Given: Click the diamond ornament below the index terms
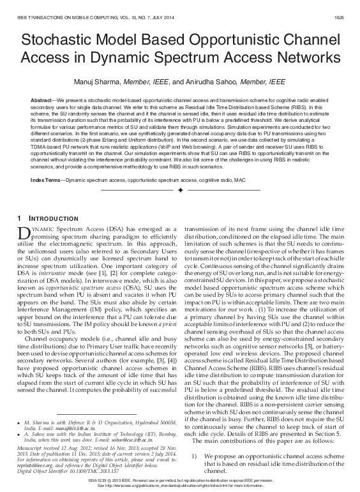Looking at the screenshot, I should (x=180, y=191).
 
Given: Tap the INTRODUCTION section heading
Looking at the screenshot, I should (x=51, y=220).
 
